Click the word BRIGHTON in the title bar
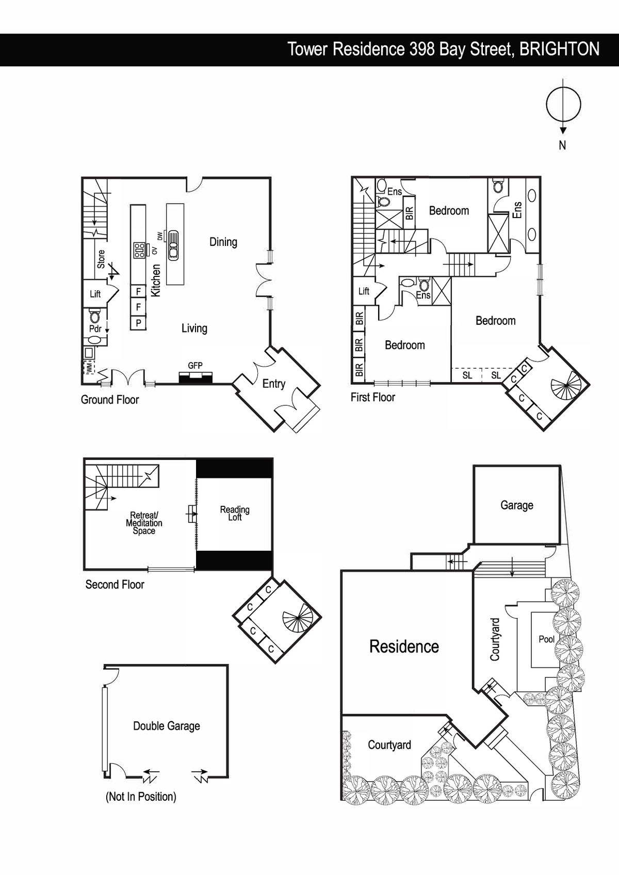pyautogui.click(x=559, y=49)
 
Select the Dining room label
pyautogui.click(x=223, y=242)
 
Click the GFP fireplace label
pyautogui.click(x=195, y=366)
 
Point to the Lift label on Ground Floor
pyautogui.click(x=95, y=294)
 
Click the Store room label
pyautogui.click(x=101, y=259)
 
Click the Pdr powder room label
pyautogui.click(x=95, y=328)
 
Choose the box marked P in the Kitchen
pyautogui.click(x=138, y=323)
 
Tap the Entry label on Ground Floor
pyautogui.click(x=273, y=384)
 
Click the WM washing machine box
pyautogui.click(x=89, y=367)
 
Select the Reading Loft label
pyautogui.click(x=235, y=513)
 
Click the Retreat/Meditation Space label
pyautogui.click(x=144, y=523)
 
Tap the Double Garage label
pyautogui.click(x=167, y=726)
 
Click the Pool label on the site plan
pyautogui.click(x=546, y=639)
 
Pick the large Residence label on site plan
pyautogui.click(x=404, y=647)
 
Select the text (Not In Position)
pyautogui.click(x=141, y=797)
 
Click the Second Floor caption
pyautogui.click(x=115, y=584)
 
